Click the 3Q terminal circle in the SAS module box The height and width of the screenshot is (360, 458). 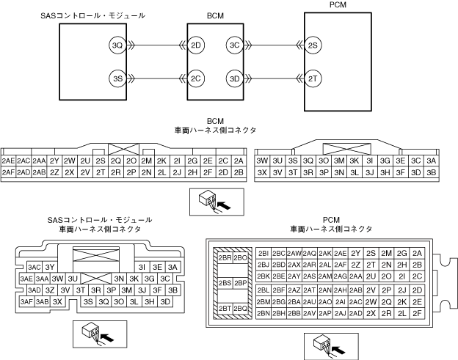tap(117, 45)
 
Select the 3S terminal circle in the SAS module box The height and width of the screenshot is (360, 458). tap(117, 78)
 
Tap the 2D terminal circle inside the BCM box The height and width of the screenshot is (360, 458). tap(195, 45)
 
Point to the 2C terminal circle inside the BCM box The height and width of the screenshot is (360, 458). tap(195, 78)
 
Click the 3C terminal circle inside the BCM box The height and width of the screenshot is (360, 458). tap(235, 45)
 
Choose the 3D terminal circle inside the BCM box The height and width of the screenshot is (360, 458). tap(235, 78)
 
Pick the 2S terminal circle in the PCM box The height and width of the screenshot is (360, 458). tap(313, 45)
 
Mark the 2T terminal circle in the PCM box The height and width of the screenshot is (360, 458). tap(313, 78)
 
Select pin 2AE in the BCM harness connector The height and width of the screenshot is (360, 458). tap(9, 161)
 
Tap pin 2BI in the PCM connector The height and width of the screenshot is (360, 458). tap(264, 253)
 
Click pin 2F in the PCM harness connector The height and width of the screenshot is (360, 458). tap(417, 313)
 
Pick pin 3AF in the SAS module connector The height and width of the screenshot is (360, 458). tap(26, 301)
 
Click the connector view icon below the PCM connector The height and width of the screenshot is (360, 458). tap(323, 342)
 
